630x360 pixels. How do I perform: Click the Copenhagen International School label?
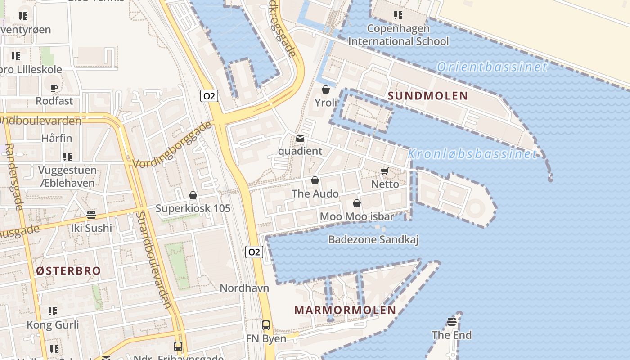point(398,35)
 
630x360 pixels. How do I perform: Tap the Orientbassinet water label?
point(492,67)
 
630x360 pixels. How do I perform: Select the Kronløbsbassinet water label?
point(472,154)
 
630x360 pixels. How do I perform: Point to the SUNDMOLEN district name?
point(428,96)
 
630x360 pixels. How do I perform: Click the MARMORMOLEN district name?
point(345,310)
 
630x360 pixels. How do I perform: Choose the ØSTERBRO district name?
point(68,271)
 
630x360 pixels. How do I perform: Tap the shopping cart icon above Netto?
point(385,171)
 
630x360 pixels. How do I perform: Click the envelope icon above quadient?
point(300,138)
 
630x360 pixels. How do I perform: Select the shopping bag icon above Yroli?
point(326,90)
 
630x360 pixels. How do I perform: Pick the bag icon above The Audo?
point(315,180)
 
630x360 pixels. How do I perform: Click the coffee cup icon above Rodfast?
point(54,88)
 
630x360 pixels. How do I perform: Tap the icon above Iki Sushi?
point(91,215)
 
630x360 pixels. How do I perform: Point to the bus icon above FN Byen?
point(266,325)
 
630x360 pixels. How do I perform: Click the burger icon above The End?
point(452,321)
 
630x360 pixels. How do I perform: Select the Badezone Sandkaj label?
point(373,239)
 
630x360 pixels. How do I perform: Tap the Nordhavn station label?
point(244,288)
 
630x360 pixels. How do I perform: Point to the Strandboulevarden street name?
point(153,260)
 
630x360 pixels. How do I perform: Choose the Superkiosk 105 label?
point(193,208)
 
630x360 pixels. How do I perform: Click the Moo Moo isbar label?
point(357,216)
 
